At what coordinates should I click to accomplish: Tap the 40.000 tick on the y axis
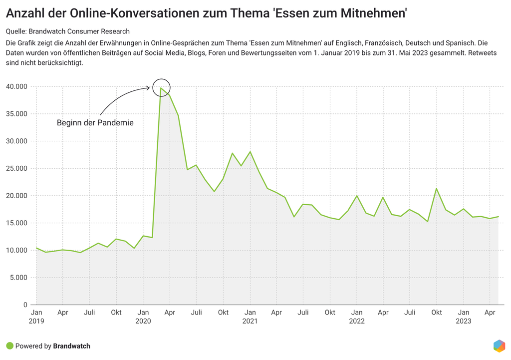coord(17,87)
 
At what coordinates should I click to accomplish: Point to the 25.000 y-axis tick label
coord(17,168)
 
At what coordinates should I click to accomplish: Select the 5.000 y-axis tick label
coord(18,278)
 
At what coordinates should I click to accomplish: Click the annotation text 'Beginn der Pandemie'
coord(95,122)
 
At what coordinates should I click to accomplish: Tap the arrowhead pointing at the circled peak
coord(148,88)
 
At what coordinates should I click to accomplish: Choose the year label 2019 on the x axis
coord(36,321)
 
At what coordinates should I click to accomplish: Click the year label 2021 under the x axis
coord(250,321)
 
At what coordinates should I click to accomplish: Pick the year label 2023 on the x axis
coord(463,321)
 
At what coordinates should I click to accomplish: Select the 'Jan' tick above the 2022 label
coord(356,313)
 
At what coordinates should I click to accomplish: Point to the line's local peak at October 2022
coord(437,189)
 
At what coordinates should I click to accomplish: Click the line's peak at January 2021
coord(250,152)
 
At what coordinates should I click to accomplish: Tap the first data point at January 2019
coord(36,248)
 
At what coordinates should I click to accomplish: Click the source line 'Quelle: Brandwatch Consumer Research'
coord(68,31)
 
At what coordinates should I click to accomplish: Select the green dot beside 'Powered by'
coord(9,346)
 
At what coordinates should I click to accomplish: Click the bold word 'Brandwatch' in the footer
coord(71,346)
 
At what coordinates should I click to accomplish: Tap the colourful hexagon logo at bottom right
coord(499,346)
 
